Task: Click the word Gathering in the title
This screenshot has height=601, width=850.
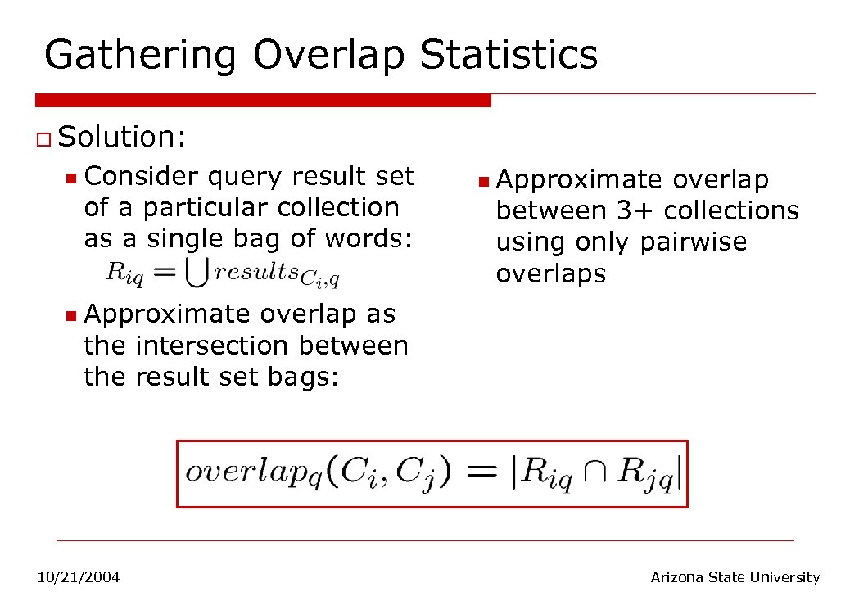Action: point(140,56)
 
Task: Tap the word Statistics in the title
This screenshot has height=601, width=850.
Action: point(508,54)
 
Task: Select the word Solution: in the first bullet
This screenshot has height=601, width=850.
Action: point(123,137)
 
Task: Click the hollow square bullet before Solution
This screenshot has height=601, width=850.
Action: point(43,138)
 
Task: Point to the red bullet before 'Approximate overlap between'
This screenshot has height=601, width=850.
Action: point(483,180)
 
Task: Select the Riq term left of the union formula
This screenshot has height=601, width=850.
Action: point(125,274)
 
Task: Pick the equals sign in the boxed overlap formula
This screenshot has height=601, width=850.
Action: point(483,473)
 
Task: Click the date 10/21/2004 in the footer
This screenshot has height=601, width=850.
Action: point(79,578)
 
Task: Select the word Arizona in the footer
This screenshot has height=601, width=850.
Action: point(676,578)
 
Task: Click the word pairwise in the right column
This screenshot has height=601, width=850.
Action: point(694,242)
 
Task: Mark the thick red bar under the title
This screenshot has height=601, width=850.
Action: point(263,100)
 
